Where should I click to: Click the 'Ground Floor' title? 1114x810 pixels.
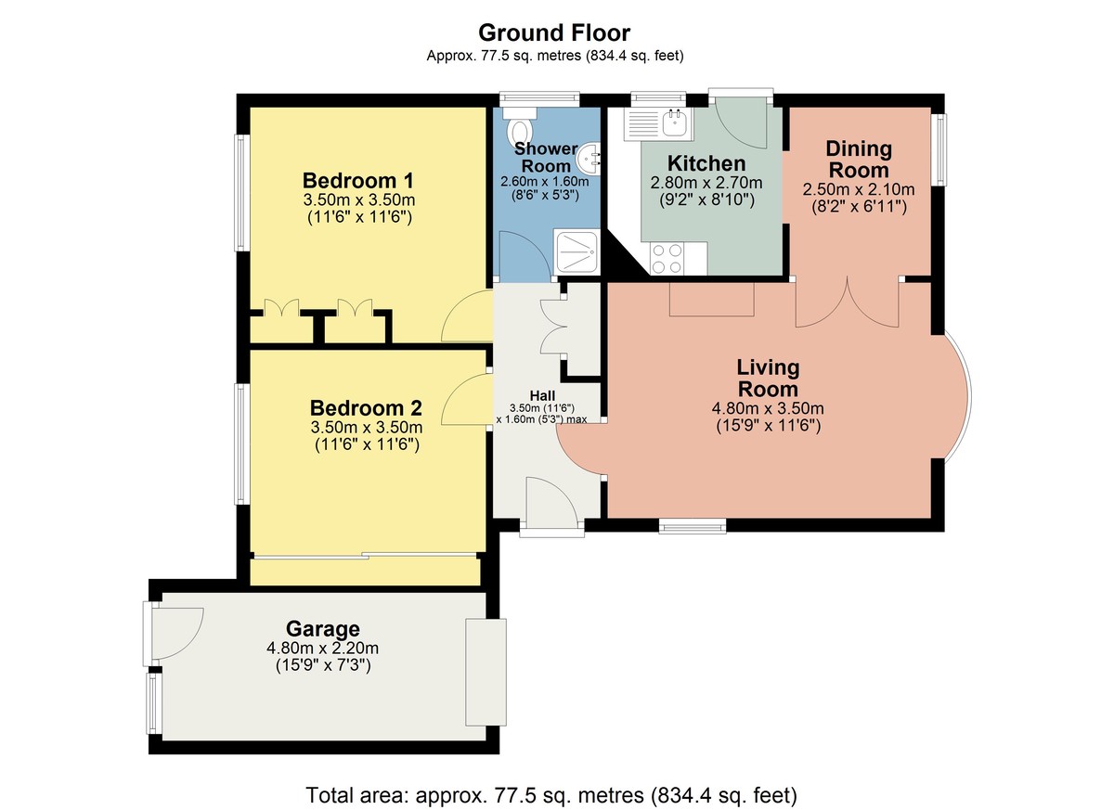pos(554,33)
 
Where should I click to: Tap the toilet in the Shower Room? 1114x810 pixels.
pos(520,126)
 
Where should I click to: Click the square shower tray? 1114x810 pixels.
pos(576,251)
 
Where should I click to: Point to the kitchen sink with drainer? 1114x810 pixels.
pos(657,123)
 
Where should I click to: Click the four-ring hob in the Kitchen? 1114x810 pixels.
pos(667,258)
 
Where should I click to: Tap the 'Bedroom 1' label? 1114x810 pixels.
pos(358,180)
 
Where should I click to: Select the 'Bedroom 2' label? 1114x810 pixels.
pos(366,408)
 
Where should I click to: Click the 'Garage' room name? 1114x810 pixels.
pos(323,629)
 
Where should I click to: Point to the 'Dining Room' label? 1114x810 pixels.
pos(859,160)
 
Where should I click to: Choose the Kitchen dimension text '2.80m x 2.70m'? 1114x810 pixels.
pos(706,183)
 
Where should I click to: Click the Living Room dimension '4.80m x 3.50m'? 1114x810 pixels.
pos(768,408)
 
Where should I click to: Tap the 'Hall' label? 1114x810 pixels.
pos(542,395)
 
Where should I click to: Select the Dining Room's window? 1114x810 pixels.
pos(939,149)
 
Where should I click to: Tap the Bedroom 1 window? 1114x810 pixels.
pos(240,193)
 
